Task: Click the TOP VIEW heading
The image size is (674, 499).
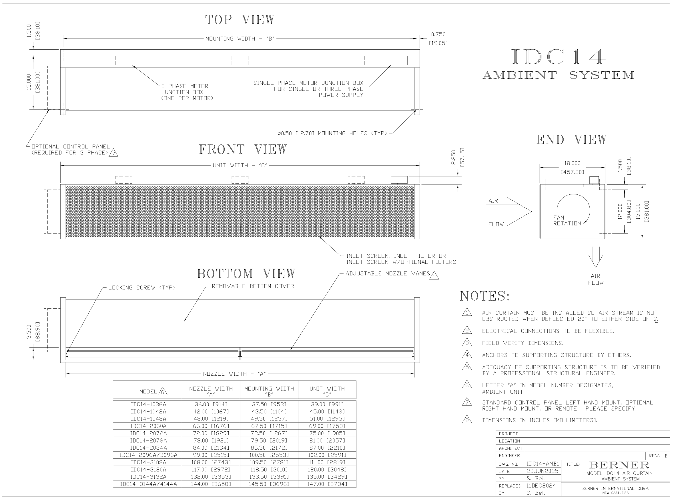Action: [240, 20]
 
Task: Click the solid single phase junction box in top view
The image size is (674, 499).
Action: [399, 61]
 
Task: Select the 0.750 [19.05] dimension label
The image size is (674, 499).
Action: [438, 39]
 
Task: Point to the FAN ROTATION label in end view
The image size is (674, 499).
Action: [567, 220]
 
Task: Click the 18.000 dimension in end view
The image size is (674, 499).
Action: [572, 163]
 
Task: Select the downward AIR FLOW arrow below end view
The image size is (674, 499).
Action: [595, 257]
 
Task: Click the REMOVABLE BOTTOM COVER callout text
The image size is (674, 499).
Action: [253, 286]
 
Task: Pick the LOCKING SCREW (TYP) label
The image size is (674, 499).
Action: [142, 287]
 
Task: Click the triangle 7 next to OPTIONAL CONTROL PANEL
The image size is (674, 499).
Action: [114, 153]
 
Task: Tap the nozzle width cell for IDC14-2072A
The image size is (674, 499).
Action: [211, 433]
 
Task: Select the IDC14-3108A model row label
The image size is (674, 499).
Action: [148, 462]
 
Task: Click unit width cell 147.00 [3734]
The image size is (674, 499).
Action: [327, 484]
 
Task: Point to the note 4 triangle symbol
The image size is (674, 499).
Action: [467, 355]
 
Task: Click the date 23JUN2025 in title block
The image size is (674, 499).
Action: [543, 471]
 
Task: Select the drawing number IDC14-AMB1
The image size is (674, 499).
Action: [543, 464]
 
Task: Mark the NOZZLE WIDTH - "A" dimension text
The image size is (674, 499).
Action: [234, 374]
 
